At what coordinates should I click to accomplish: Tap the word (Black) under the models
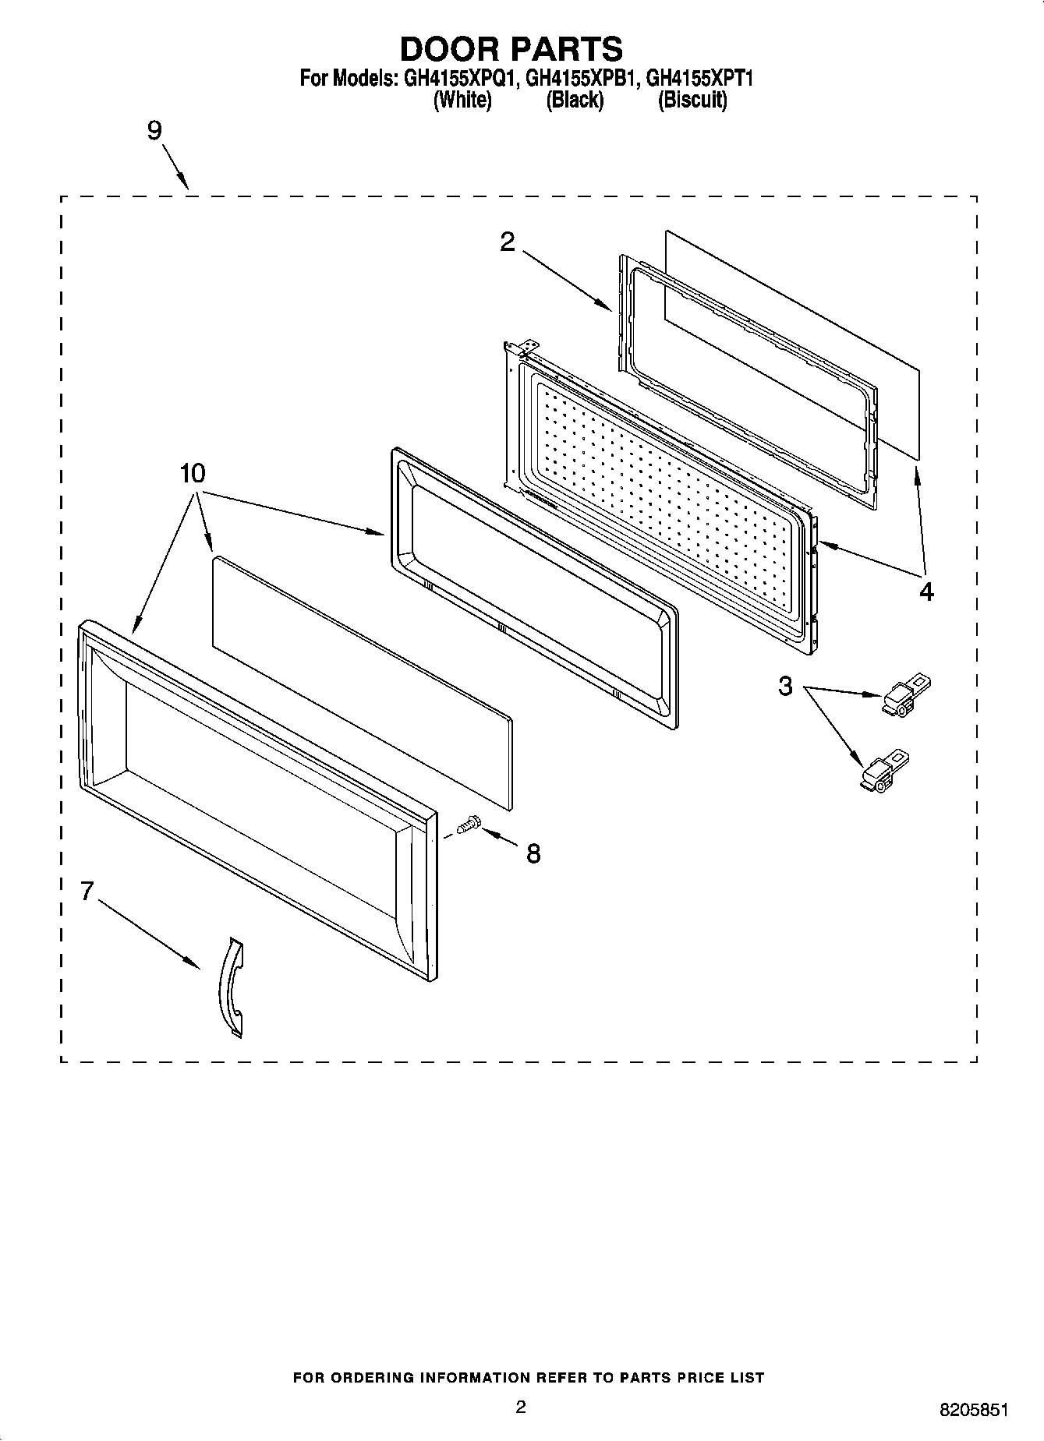pyautogui.click(x=575, y=100)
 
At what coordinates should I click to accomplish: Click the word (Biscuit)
pyautogui.click(x=692, y=100)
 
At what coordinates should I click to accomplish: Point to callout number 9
pyautogui.click(x=154, y=131)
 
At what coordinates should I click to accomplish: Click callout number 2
pyautogui.click(x=507, y=242)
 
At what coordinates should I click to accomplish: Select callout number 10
pyautogui.click(x=193, y=473)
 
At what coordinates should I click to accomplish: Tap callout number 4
pyautogui.click(x=925, y=592)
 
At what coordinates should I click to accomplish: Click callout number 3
pyautogui.click(x=785, y=687)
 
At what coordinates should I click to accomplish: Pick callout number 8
pyautogui.click(x=533, y=854)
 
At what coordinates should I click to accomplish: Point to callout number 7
pyautogui.click(x=87, y=891)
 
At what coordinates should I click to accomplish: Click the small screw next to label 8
pyautogui.click(x=469, y=824)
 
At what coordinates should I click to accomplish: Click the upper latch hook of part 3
pyautogui.click(x=907, y=694)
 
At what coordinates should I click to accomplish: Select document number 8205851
pyautogui.click(x=974, y=1409)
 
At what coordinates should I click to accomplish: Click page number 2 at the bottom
pyautogui.click(x=521, y=1406)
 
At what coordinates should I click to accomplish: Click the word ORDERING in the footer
pyautogui.click(x=371, y=1378)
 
